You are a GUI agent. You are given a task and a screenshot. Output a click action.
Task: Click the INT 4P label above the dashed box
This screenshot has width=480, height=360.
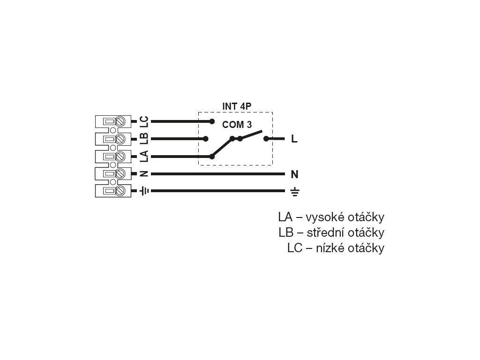coord(237,106)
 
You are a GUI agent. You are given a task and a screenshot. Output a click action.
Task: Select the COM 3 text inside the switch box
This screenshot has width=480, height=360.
coord(237,125)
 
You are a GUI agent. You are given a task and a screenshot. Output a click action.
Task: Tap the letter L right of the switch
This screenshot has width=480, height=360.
coord(294,139)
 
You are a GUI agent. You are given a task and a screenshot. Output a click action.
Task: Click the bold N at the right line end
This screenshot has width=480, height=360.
coord(294,174)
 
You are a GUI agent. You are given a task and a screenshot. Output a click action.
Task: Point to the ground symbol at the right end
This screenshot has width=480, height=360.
coord(294,191)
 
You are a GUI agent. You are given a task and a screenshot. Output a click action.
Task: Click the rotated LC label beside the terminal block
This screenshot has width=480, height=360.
coord(144,121)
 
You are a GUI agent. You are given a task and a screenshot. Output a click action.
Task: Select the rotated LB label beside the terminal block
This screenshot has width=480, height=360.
coord(144,139)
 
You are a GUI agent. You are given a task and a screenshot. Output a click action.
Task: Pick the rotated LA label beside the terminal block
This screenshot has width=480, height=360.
coord(144,156)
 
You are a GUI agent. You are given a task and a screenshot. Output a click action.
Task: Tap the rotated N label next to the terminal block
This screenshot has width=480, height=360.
coord(144,174)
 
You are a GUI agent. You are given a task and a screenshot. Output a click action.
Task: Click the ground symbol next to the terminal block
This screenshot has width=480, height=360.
coord(144,191)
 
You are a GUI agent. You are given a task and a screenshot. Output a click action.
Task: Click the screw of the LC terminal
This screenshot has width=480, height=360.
coord(120,121)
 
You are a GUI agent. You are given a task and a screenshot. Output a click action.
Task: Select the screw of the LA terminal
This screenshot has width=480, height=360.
coord(120,156)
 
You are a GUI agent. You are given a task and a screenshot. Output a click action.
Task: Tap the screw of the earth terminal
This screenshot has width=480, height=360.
coord(120,191)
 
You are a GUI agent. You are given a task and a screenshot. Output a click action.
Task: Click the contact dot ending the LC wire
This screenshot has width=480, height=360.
coord(212,121)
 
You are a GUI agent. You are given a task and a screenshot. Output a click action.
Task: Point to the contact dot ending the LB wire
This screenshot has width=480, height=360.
coord(205,139)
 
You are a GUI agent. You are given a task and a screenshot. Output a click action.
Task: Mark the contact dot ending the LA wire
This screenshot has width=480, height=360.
coord(212,157)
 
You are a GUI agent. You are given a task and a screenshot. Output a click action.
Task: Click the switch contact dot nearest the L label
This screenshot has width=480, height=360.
coord(266,139)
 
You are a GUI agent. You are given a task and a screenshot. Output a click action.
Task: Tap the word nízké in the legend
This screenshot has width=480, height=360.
coord(330,248)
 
